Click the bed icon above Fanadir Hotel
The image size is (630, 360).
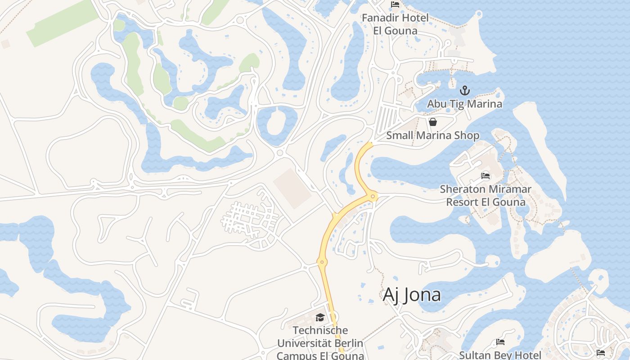pyautogui.click(x=395, y=4)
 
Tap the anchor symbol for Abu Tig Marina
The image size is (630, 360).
pyautogui.click(x=464, y=90)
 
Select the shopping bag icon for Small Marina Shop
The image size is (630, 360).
pyautogui.click(x=432, y=122)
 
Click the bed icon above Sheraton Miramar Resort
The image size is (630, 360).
pyautogui.click(x=486, y=175)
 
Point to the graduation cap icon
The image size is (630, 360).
pyautogui.click(x=320, y=317)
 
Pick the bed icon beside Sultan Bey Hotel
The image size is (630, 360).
pyautogui.click(x=500, y=342)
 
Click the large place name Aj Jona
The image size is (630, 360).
pyautogui.click(x=411, y=295)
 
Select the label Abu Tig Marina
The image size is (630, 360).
pyautogui.click(x=464, y=104)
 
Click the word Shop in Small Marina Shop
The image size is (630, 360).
pyautogui.click(x=468, y=135)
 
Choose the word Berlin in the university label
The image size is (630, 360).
pyautogui.click(x=347, y=343)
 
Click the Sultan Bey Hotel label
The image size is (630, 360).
pyautogui.click(x=500, y=355)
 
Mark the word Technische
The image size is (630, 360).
pyautogui.click(x=319, y=330)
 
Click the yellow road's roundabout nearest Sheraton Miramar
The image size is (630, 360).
pyautogui.click(x=373, y=196)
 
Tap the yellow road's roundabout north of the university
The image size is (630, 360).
pyautogui.click(x=322, y=261)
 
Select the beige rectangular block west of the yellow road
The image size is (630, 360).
pyautogui.click(x=292, y=188)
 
